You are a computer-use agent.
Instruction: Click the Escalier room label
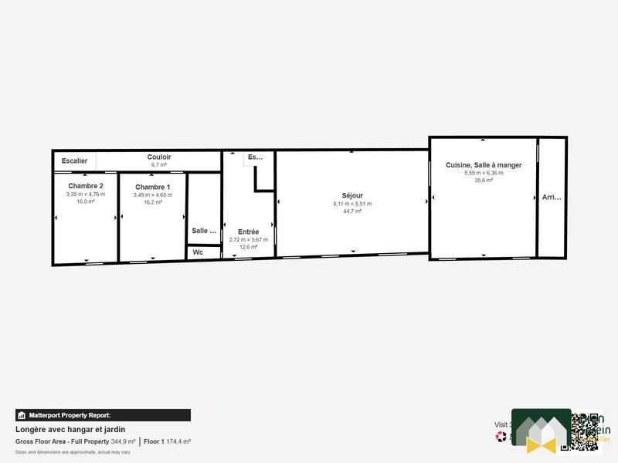click(74, 161)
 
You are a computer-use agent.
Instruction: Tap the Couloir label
click(159, 157)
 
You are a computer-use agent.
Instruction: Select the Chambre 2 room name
click(86, 186)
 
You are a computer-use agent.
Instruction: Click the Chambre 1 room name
click(153, 187)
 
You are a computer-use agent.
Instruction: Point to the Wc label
click(198, 252)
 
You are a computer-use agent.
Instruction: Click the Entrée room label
click(249, 231)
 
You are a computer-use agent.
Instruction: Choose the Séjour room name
click(352, 195)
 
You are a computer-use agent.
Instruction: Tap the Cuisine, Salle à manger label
click(484, 164)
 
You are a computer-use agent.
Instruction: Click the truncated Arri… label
click(552, 198)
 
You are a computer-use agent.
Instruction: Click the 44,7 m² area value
click(352, 211)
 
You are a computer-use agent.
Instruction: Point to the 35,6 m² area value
click(484, 181)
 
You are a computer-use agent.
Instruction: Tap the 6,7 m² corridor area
click(159, 165)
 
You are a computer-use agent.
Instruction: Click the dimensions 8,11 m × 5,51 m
click(352, 204)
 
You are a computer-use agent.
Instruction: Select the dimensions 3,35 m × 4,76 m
click(86, 194)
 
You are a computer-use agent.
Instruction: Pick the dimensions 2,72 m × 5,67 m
click(249, 239)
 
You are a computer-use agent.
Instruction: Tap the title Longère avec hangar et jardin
click(70, 429)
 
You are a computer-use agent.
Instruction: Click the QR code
click(586, 431)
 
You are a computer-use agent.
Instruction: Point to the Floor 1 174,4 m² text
click(167, 441)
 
